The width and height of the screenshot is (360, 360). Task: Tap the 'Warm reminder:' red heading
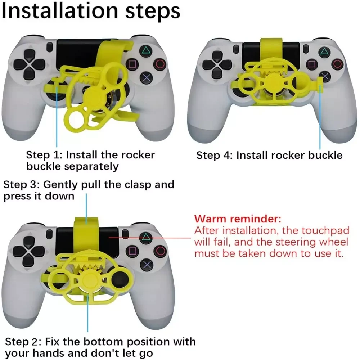238,219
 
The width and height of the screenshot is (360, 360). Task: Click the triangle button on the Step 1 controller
145,50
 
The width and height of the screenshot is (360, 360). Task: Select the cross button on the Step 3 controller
147,265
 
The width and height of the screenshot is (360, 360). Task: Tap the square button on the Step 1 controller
133,64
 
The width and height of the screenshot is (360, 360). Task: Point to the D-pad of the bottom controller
28,252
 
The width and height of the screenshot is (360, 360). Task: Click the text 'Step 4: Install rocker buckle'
269,156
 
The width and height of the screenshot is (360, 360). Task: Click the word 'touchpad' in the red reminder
325,231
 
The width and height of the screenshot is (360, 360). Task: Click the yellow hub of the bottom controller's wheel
87,279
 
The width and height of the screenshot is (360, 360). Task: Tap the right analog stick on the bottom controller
120,279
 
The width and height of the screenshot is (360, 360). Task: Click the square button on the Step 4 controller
311,64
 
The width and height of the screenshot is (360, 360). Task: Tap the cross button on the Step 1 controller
147,78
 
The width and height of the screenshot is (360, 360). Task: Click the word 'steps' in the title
153,12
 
